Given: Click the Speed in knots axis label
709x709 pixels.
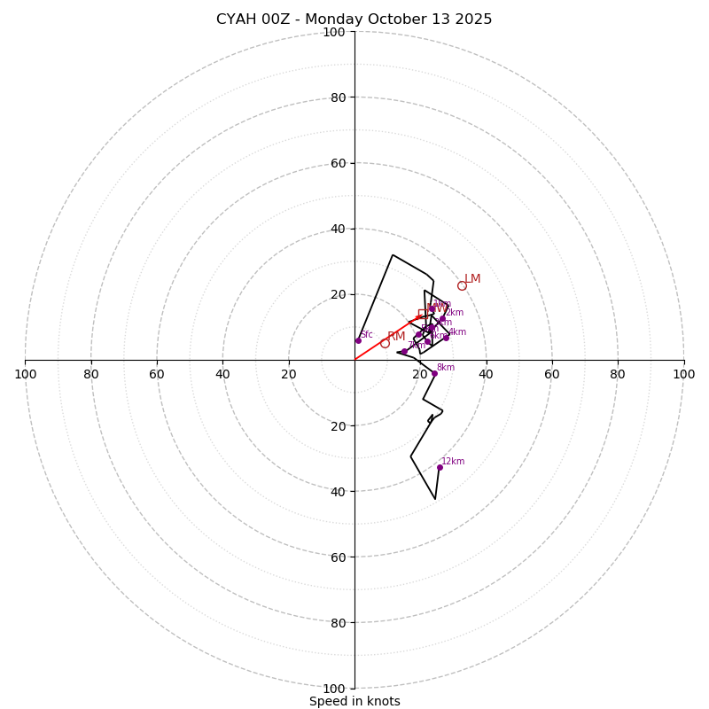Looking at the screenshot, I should coord(354,701).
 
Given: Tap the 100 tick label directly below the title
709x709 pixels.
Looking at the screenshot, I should coord(333,32).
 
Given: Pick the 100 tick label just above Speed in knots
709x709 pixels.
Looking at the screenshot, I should coord(333,688).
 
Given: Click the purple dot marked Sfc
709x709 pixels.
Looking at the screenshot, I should coord(359,340).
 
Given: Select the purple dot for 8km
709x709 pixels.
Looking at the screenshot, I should coord(434,373).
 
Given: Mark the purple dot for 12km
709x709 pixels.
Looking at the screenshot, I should coord(440,467).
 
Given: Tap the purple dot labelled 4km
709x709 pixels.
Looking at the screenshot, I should coord(446,338).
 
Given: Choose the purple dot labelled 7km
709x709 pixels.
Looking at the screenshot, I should coord(404,352).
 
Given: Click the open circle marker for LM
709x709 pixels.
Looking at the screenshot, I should coord(462,285).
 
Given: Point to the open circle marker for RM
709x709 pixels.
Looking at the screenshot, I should coord(385,343).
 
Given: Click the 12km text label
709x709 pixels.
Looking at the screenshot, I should coord(453,461).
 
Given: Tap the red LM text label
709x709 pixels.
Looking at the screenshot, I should coord(472,279).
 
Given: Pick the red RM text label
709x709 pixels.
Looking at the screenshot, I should coord(396,336).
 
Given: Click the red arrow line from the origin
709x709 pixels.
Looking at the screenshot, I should coord(381,339).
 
